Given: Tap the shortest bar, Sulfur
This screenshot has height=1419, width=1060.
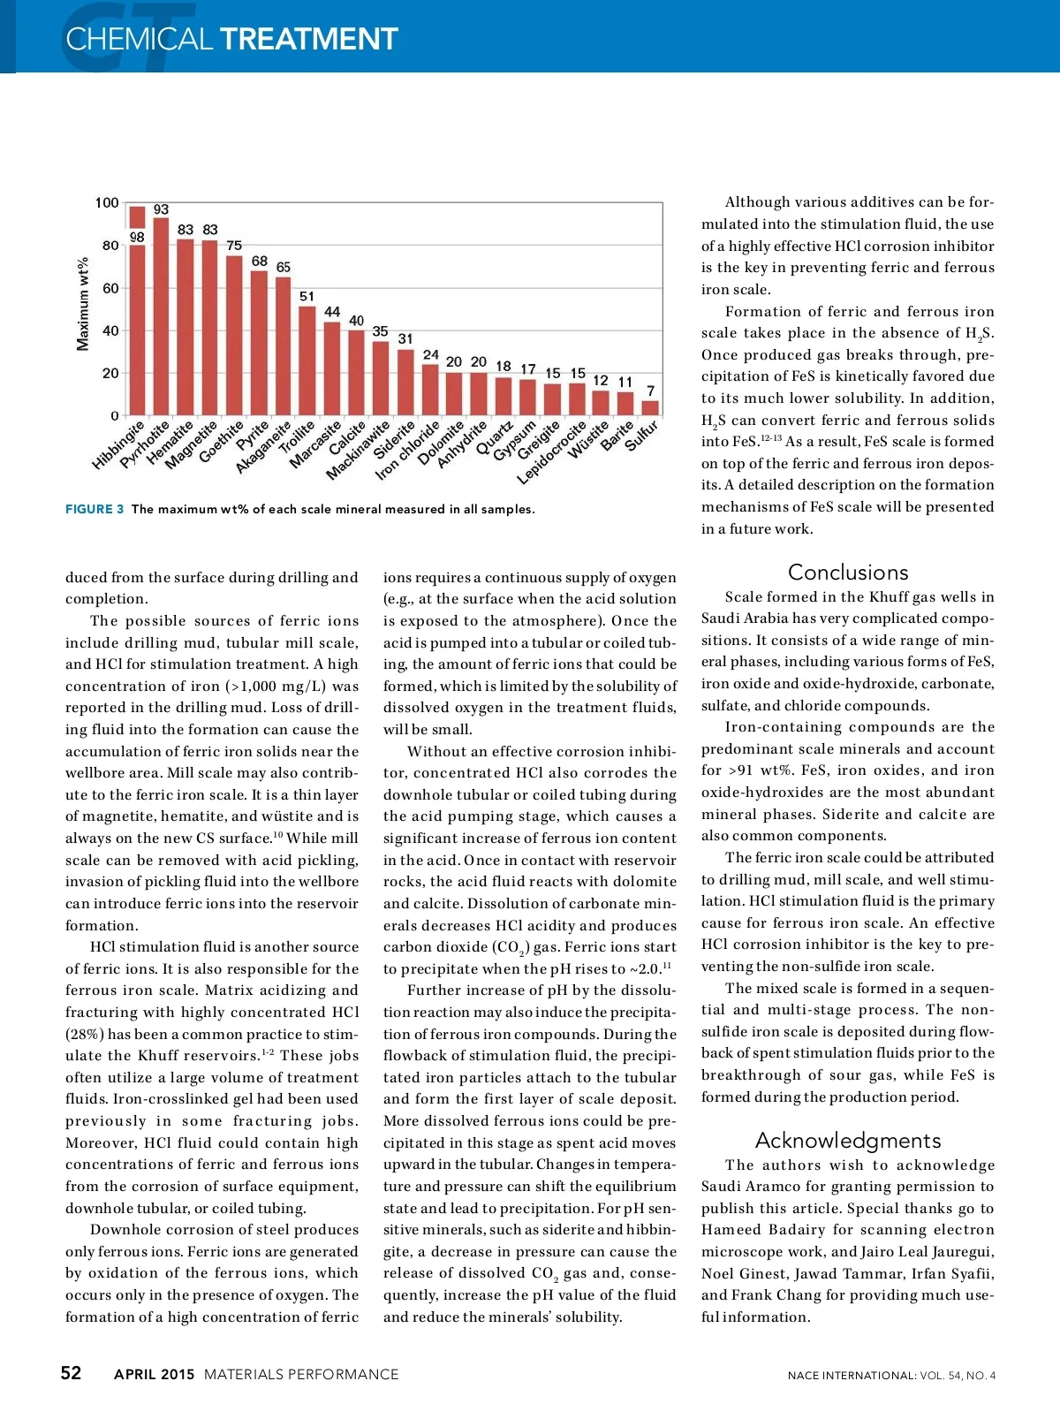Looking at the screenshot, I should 650,407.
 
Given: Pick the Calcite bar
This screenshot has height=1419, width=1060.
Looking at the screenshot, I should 356,372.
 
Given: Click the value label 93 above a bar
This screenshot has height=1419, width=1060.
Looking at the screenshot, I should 161,209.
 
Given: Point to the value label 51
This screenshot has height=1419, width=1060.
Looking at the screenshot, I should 307,296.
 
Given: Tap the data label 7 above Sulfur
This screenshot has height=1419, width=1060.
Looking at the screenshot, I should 651,391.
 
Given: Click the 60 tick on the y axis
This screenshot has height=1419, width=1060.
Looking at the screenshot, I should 110,288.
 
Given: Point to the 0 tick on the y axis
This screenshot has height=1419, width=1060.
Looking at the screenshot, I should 115,415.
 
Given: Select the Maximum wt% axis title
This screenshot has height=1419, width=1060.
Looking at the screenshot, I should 83,304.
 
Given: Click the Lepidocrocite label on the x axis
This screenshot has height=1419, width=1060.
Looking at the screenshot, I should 552,452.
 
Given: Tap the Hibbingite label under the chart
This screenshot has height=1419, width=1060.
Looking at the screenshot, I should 118,445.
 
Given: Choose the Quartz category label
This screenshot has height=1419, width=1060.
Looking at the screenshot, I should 494,437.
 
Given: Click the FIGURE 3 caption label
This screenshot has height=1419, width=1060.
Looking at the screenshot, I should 95,509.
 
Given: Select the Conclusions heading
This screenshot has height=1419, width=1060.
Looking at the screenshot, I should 847,572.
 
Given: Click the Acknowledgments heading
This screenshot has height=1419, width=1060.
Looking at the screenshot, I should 847,1140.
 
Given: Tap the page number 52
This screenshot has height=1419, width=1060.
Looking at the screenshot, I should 71,1373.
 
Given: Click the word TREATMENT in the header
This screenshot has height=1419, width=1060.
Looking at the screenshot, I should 308,39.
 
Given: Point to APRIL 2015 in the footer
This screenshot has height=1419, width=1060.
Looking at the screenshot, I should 154,1374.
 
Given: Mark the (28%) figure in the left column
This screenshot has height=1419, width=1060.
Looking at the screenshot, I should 85,1034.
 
